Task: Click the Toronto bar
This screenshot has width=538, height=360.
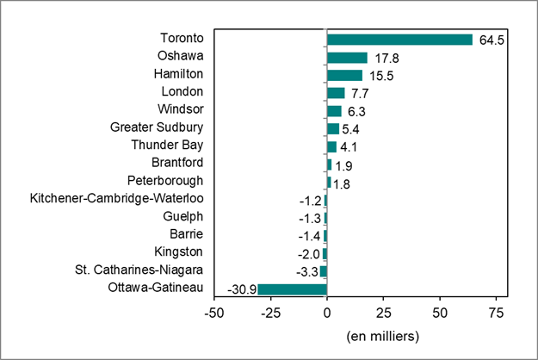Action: click(399, 40)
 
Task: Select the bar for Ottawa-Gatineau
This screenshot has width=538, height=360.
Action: click(292, 289)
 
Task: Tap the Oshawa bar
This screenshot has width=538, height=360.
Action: click(347, 58)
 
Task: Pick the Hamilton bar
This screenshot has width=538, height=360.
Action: click(344, 75)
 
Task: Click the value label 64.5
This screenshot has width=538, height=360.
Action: click(490, 40)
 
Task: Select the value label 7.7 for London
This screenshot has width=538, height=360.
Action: click(360, 93)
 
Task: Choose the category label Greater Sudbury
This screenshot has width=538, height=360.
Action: click(157, 128)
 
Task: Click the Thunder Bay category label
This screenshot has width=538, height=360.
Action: click(167, 146)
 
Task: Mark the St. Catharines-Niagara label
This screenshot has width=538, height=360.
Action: click(139, 270)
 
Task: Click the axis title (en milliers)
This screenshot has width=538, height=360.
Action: click(381, 334)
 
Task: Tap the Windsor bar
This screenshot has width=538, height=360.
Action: click(334, 110)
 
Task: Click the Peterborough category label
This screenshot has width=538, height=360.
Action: click(164, 181)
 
